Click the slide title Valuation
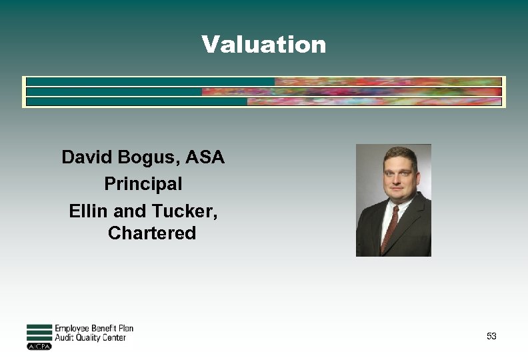(264, 45)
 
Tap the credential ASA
(205, 158)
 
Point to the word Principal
(143, 183)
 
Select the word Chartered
(152, 233)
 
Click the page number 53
(491, 336)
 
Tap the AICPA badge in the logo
(39, 346)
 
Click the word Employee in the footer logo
(74, 328)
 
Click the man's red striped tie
(389, 227)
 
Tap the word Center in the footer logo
(119, 337)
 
